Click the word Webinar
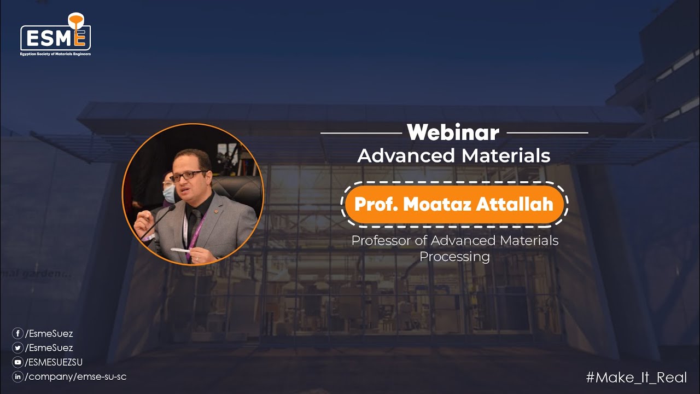point(453,132)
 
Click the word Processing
point(454,256)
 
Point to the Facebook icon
point(17,333)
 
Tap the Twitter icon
point(17,347)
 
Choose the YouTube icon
point(17,362)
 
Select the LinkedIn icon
point(17,376)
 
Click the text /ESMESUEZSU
point(54,362)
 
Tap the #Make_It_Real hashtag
point(636,377)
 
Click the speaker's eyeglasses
point(188,176)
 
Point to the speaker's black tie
point(192,224)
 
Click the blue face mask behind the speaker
point(169,193)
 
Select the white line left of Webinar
point(361,132)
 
